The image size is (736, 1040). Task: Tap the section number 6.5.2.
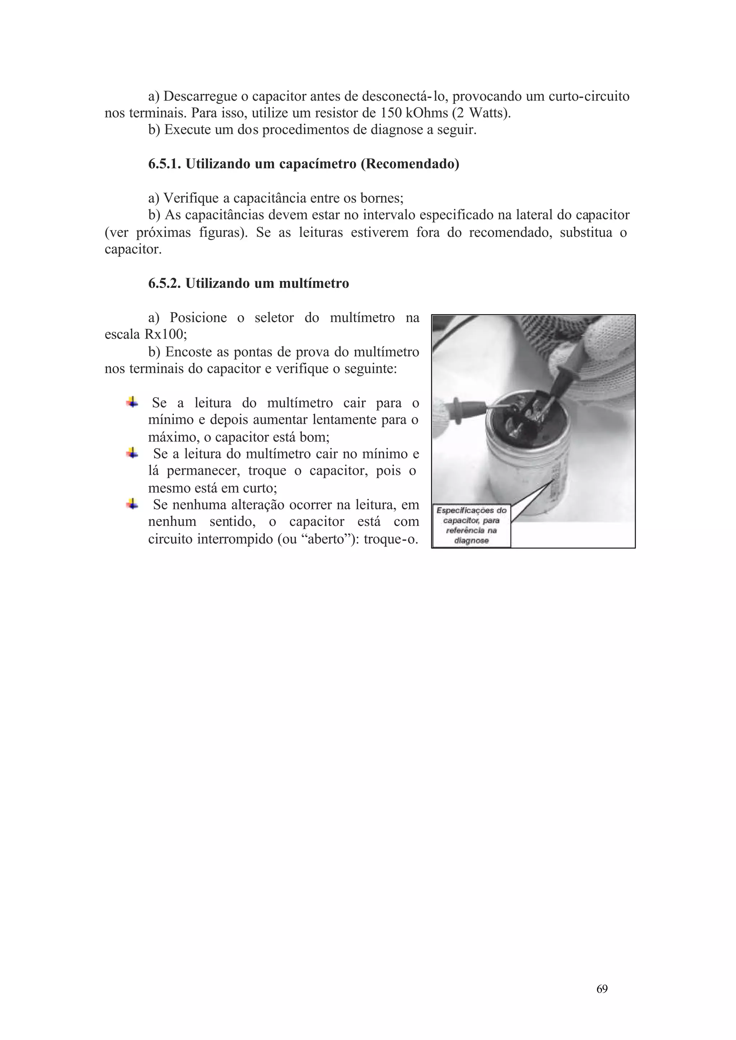[x=165, y=284]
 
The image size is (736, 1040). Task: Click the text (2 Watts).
[x=481, y=113]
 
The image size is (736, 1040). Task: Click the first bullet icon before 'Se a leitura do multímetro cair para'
[x=132, y=402]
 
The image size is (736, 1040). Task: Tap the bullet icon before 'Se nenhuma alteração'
[x=132, y=504]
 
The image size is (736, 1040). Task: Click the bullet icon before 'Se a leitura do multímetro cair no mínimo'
[x=132, y=453]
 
